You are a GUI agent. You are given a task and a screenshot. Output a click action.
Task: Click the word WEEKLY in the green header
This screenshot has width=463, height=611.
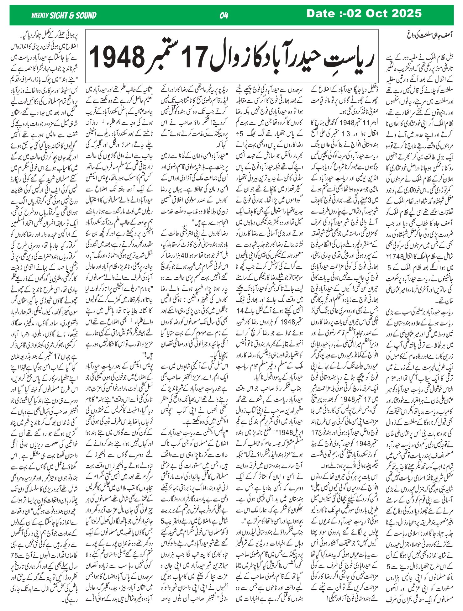point(40,15)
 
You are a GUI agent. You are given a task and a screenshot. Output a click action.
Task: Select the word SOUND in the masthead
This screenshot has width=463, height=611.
point(85,15)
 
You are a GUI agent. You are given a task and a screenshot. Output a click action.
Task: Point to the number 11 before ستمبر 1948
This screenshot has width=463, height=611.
point(358,122)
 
